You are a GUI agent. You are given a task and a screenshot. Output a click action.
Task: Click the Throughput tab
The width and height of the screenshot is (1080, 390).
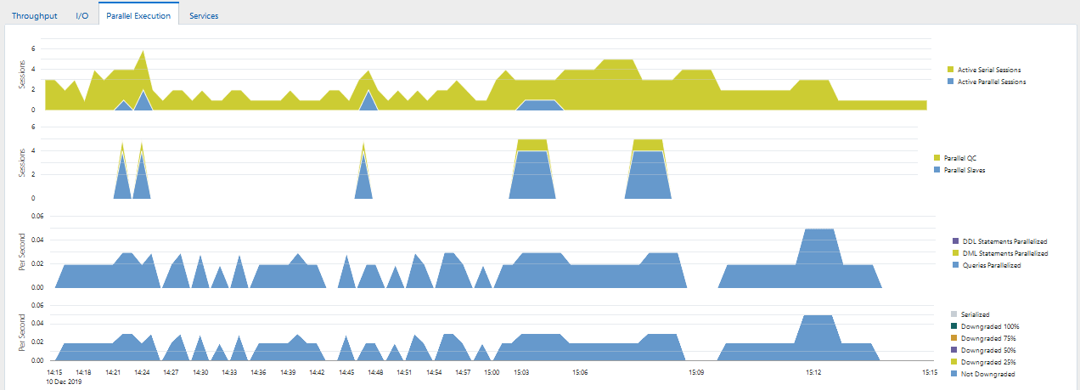pyautogui.click(x=34, y=15)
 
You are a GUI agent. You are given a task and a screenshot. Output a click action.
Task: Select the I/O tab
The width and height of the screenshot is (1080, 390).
pyautogui.click(x=82, y=15)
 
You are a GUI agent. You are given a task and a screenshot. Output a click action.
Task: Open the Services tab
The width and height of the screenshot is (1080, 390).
pyautogui.click(x=204, y=15)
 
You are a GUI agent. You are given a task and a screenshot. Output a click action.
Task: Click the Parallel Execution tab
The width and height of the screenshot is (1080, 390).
pyautogui.click(x=138, y=15)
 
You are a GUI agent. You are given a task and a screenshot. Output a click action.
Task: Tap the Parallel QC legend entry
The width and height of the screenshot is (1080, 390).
pyautogui.click(x=959, y=158)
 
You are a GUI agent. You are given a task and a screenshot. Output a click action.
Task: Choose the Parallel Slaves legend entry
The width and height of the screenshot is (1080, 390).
pyautogui.click(x=964, y=170)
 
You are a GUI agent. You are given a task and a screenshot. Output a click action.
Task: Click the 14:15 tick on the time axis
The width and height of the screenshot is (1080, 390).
pyautogui.click(x=54, y=372)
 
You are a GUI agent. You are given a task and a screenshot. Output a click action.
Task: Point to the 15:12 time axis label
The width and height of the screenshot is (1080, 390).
pyautogui.click(x=813, y=372)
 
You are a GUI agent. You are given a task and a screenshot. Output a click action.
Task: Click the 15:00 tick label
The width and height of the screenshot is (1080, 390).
pyautogui.click(x=492, y=372)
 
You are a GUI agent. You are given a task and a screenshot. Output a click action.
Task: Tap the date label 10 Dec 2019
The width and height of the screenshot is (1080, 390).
pyautogui.click(x=65, y=382)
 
